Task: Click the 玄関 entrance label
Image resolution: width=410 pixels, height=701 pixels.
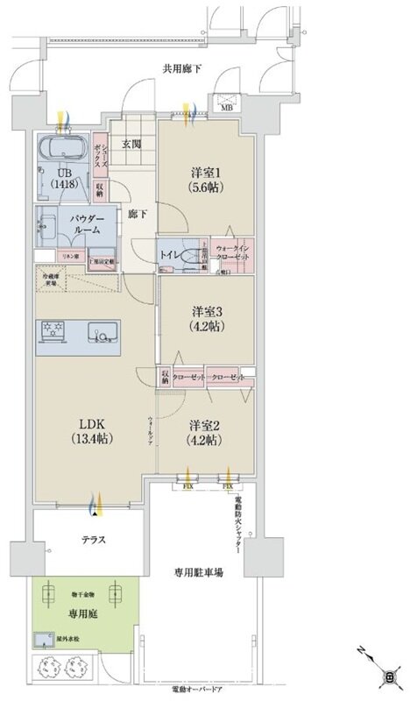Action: pos(131,145)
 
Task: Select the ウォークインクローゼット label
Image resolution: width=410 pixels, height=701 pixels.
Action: pos(233,252)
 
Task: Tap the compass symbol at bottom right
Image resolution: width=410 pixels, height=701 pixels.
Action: pos(388,675)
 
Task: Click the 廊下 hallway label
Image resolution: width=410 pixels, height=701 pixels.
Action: pos(136,213)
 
